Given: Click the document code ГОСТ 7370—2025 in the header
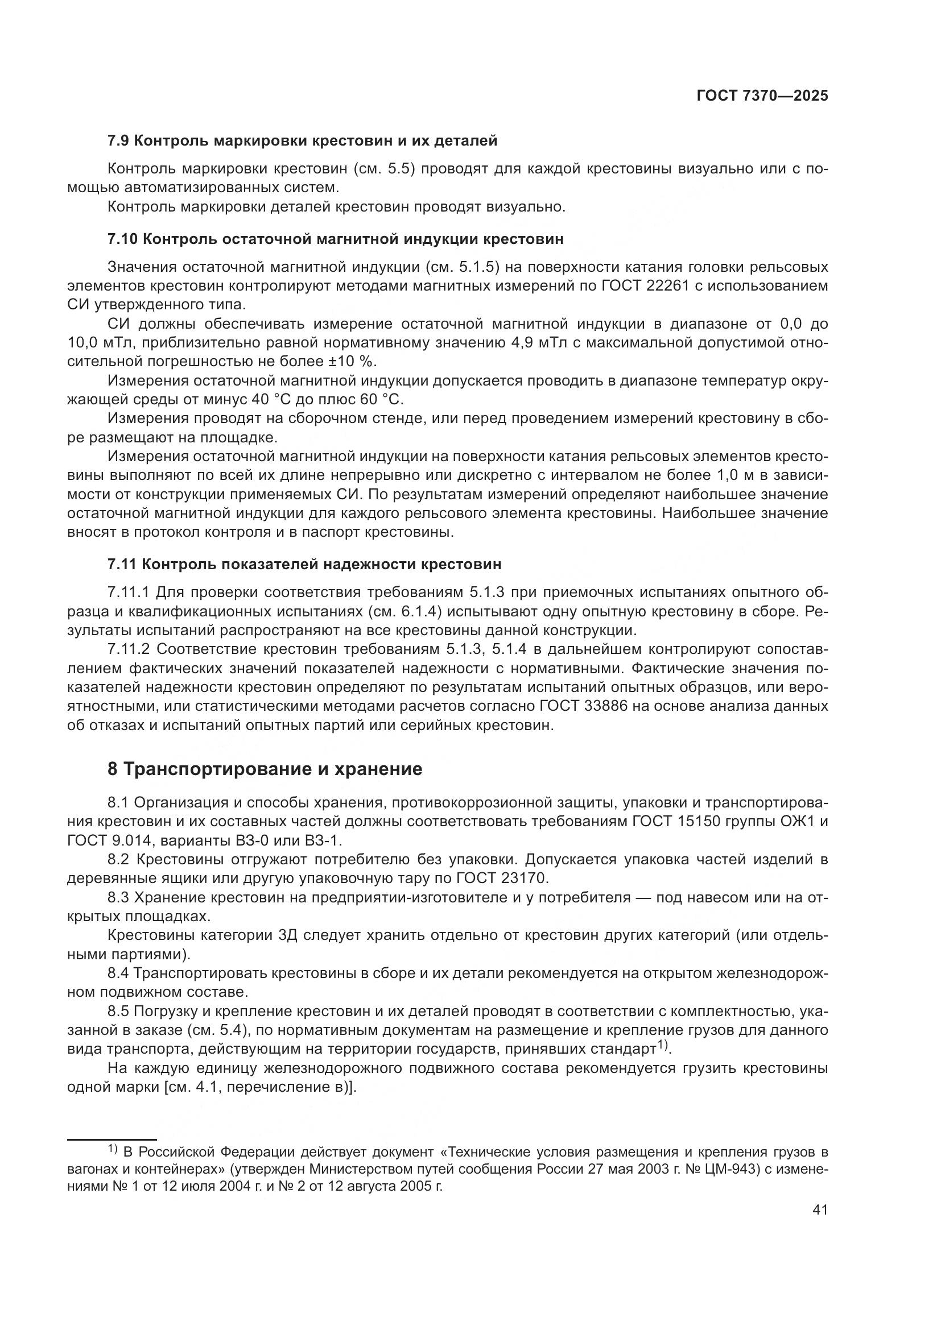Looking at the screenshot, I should (x=762, y=96).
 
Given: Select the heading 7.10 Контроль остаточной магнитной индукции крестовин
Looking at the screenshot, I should (x=336, y=239).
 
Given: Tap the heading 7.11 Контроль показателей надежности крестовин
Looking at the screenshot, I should (x=304, y=564).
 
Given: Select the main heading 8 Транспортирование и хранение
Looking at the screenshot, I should (x=265, y=769).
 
